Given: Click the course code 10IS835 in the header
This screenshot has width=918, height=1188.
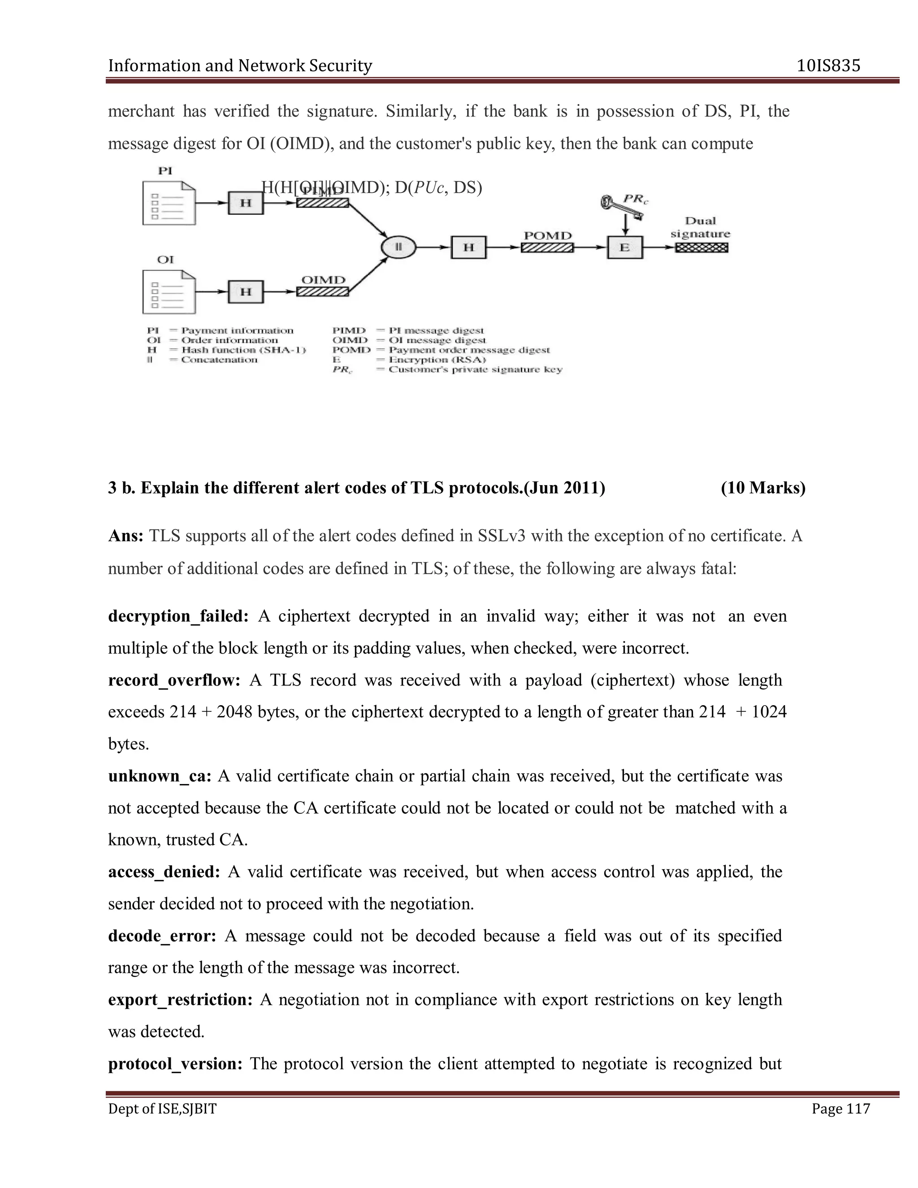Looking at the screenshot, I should pyautogui.click(x=828, y=66).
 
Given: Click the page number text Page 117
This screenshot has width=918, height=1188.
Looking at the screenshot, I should pyautogui.click(x=840, y=1109).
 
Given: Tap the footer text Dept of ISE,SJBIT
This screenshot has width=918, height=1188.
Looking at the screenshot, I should pyautogui.click(x=162, y=1109).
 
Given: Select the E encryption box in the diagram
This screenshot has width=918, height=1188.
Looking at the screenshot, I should pyautogui.click(x=624, y=247).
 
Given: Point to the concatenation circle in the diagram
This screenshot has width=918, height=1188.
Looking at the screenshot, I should pyautogui.click(x=398, y=247).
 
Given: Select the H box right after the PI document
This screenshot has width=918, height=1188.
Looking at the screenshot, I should pyautogui.click(x=246, y=203).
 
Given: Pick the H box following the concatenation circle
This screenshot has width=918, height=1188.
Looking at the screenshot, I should pyautogui.click(x=468, y=247).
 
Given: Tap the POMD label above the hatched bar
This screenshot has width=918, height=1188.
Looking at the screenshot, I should pyautogui.click(x=547, y=235).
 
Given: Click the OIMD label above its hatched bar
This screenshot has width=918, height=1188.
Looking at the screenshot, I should pyautogui.click(x=323, y=280).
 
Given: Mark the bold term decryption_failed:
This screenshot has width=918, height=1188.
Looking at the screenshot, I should pyautogui.click(x=178, y=616).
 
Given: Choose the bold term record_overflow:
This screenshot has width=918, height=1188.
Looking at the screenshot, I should pyautogui.click(x=174, y=681).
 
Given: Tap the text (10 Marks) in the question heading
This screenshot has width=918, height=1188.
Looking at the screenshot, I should pyautogui.click(x=763, y=488).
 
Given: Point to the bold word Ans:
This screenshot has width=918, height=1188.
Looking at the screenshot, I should pyautogui.click(x=126, y=536).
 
